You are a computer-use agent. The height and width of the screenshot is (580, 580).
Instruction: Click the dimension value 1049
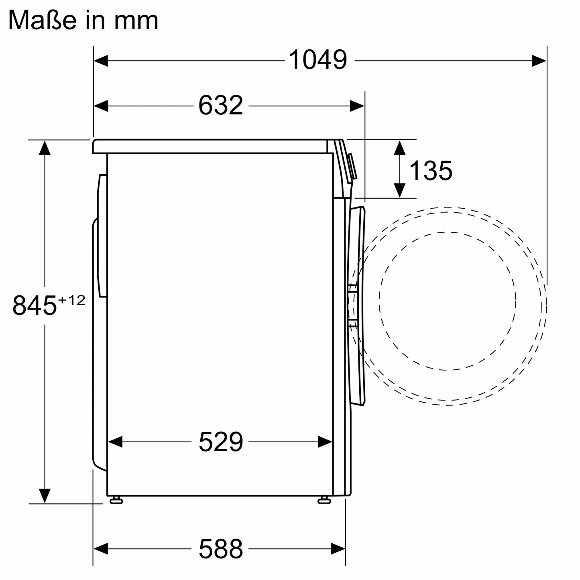[x=317, y=60]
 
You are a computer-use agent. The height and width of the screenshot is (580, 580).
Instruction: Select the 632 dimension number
[x=221, y=105]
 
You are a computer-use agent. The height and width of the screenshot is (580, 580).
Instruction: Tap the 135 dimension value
[x=431, y=171]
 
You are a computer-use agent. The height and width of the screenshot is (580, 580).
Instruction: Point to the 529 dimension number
[x=221, y=442]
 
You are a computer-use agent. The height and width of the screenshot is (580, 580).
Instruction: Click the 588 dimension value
[x=221, y=549]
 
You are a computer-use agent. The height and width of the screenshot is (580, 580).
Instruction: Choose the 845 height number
[x=34, y=305]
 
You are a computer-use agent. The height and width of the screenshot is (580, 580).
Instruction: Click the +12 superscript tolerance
[x=71, y=300]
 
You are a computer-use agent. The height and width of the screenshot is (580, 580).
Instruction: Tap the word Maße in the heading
[x=42, y=20]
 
